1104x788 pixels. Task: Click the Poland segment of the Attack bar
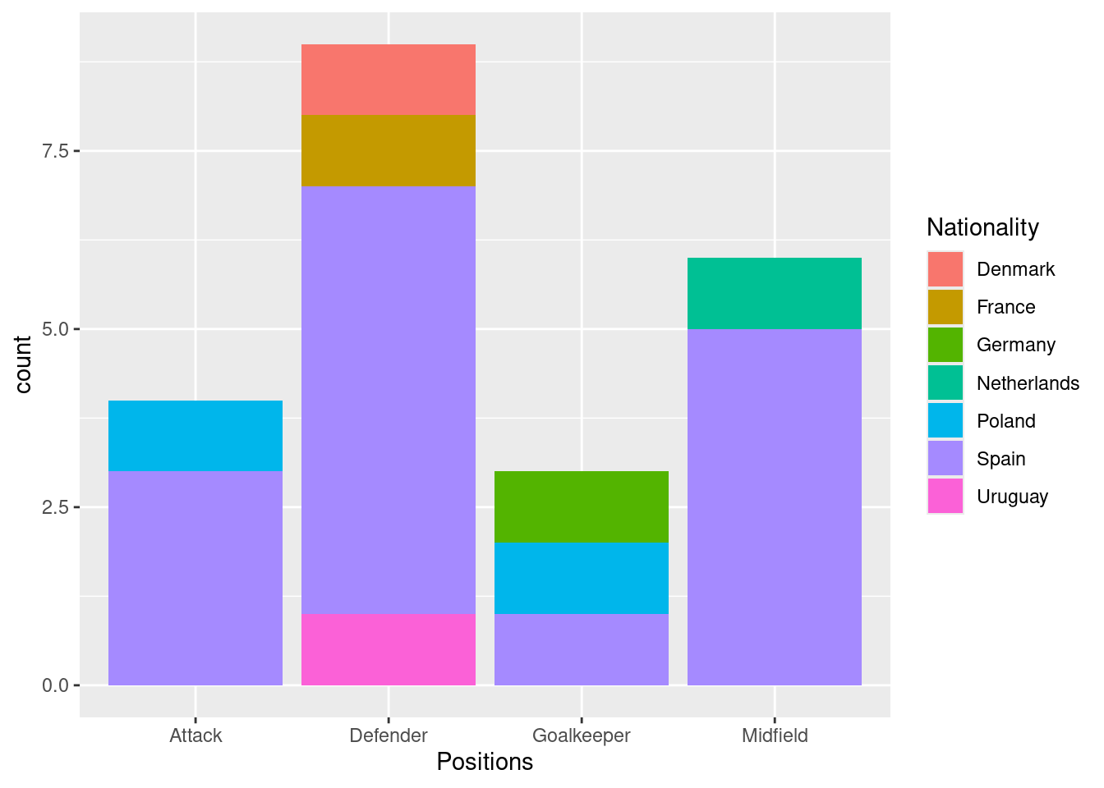point(195,436)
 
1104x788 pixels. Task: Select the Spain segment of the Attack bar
point(195,578)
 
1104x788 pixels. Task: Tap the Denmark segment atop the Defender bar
point(389,80)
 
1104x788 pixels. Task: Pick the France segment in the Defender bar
point(389,151)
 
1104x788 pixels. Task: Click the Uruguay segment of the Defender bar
point(389,649)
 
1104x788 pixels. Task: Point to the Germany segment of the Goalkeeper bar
point(582,507)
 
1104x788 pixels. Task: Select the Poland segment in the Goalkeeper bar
point(582,578)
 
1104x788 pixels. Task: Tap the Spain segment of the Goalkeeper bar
point(582,649)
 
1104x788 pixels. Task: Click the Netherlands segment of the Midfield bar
point(775,293)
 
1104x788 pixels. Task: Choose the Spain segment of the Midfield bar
point(775,507)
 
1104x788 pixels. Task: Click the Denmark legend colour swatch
point(945,269)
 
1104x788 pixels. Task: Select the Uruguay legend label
point(1012,497)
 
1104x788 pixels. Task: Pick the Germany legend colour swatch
point(945,345)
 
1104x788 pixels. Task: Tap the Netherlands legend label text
point(1028,383)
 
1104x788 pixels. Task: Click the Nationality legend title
point(982,227)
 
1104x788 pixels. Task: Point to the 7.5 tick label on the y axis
point(56,151)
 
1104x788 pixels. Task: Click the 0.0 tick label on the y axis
point(56,685)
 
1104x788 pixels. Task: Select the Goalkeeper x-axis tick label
point(582,735)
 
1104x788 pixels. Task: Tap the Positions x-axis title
point(485,762)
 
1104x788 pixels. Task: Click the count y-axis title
point(23,364)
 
